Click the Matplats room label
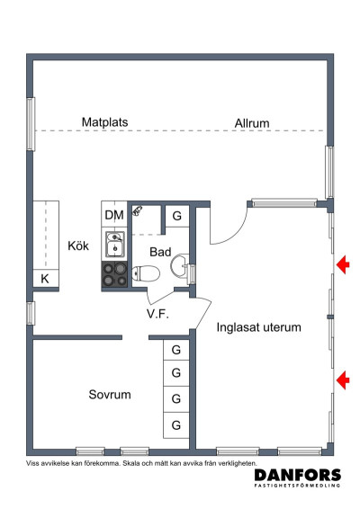pos(104,122)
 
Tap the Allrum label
pos(252,123)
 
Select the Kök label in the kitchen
pos(78,246)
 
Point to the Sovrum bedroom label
pos(110,395)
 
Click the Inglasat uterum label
pos(258,327)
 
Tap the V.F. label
pos(157,314)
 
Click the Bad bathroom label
pos(160,252)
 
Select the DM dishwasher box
pos(114,215)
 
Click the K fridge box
pos(46,278)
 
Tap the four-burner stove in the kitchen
pos(114,274)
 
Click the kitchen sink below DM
pos(114,245)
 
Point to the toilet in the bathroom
pos(146,273)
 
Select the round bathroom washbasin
pos(179,266)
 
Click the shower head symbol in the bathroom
pos(138,210)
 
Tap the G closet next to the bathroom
pos(176,216)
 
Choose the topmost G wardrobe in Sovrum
pos(176,350)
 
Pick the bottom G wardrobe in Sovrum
pos(176,425)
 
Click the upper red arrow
pos(343,265)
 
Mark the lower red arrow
pos(343,380)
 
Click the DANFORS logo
pos(298,478)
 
